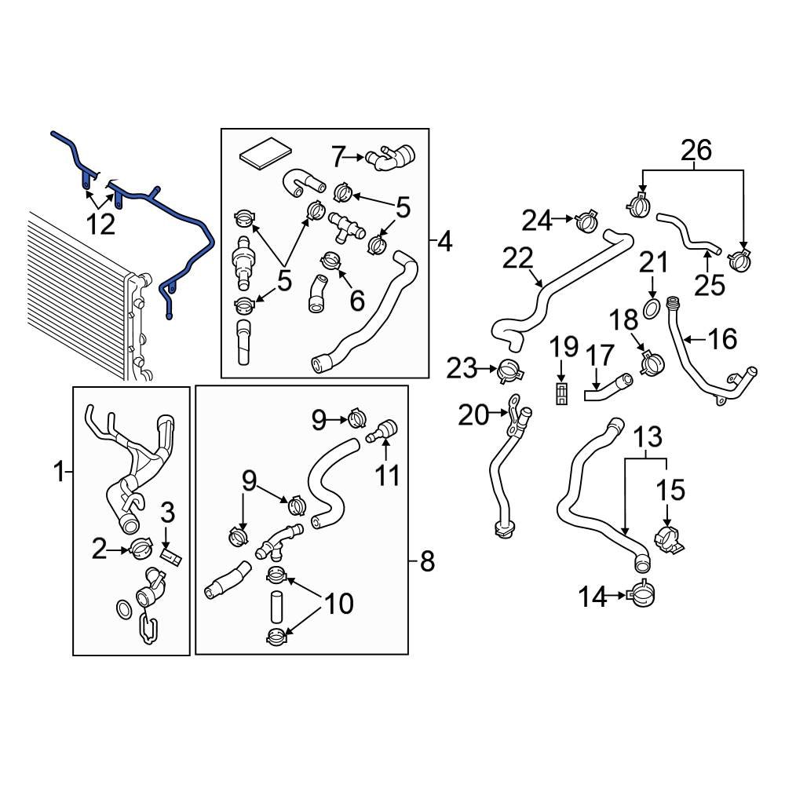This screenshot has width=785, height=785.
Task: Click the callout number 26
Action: point(696,149)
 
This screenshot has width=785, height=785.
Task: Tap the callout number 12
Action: point(100,225)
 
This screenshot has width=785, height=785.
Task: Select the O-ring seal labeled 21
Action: point(651,308)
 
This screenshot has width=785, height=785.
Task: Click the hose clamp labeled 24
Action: point(586,222)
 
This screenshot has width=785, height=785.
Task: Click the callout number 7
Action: point(338,157)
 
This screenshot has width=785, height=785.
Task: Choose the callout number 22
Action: point(518,259)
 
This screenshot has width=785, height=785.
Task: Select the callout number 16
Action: point(721,339)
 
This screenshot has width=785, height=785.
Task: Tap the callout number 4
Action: point(445,243)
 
